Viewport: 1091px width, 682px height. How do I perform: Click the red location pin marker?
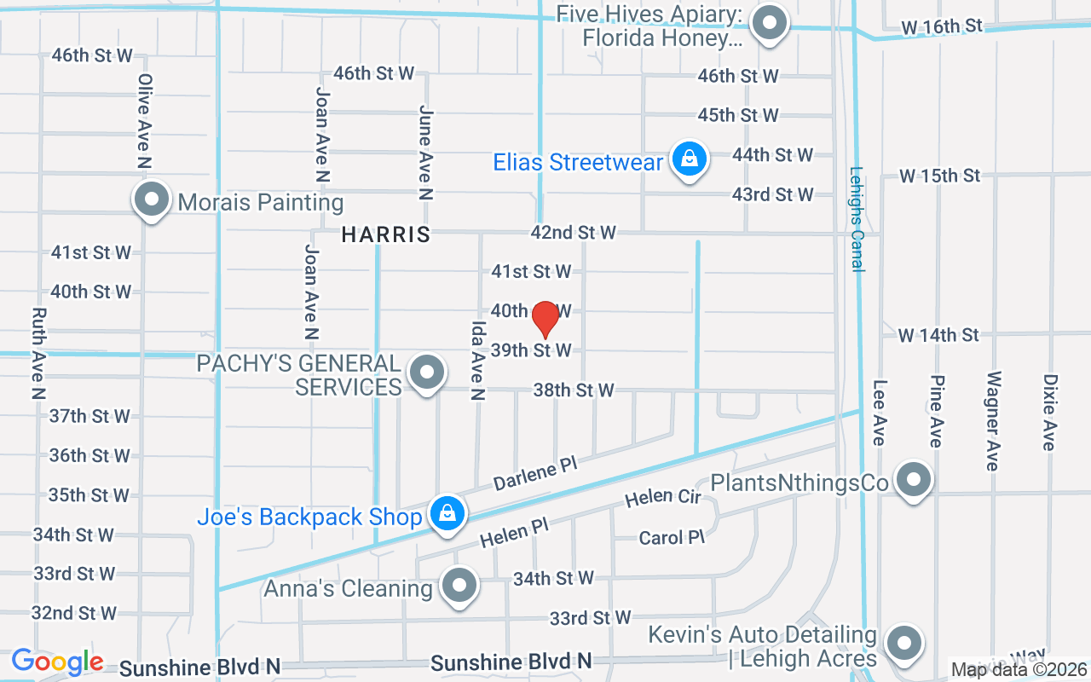pos(545,320)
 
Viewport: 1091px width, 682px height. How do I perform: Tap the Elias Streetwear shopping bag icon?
pos(689,159)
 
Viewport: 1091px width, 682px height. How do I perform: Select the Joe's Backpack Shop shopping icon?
pos(447,513)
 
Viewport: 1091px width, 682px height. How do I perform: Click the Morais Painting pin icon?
pos(152,199)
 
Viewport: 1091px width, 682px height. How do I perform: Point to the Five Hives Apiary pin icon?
pos(772,23)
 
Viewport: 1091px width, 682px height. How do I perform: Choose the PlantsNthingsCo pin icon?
pos(914,479)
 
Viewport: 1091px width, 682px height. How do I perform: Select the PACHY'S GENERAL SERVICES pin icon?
pos(427,372)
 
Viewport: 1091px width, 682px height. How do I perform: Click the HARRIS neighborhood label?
pos(386,234)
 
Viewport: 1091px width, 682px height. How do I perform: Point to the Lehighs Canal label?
pos(857,219)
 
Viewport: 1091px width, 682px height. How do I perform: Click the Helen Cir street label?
pos(662,497)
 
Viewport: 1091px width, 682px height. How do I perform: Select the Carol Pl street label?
pos(672,537)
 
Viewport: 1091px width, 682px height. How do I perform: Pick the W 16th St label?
pos(942,27)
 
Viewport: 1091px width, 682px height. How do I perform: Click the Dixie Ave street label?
pos(1049,412)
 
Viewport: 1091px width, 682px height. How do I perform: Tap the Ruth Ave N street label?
pos(38,354)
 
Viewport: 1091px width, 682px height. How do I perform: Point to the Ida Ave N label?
pos(477,361)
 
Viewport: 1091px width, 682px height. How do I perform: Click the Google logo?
pos(58,662)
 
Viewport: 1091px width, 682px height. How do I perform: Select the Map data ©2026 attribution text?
pos(1019,670)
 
